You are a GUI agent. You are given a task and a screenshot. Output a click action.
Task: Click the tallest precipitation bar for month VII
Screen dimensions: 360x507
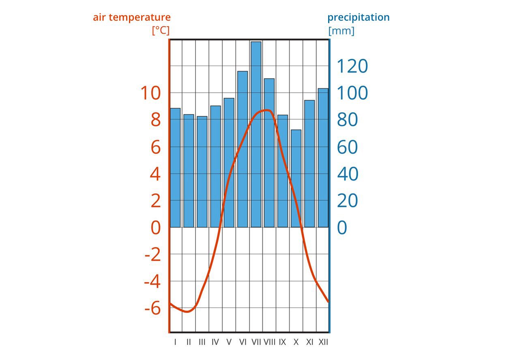[x=256, y=134]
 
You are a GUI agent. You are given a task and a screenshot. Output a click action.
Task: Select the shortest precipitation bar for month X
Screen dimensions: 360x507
[x=296, y=178]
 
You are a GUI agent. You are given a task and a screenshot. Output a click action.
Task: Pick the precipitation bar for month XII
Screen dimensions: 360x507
[x=323, y=158]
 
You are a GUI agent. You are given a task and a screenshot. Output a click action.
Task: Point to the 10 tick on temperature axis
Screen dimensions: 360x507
[x=150, y=93]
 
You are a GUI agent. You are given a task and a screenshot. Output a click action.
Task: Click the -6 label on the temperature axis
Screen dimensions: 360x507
[x=153, y=309]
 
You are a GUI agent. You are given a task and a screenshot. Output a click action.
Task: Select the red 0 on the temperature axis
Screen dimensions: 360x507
[x=156, y=227]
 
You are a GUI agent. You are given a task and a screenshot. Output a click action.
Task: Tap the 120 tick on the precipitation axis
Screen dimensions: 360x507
[x=352, y=66]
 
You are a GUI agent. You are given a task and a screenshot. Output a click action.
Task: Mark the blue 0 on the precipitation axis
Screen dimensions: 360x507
[x=342, y=227]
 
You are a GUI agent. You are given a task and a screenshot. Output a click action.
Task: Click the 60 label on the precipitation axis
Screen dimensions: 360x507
[x=347, y=147]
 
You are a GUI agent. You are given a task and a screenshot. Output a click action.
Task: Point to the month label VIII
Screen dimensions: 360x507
[x=269, y=342]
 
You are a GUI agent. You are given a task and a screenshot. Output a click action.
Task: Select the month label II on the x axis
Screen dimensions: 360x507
[x=189, y=342]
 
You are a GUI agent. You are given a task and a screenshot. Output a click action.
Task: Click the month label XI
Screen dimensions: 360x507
[x=309, y=342]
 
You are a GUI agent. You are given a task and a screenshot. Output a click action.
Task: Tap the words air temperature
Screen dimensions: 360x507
[x=132, y=17]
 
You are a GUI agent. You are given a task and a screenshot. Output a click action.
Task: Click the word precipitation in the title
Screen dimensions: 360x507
[x=358, y=17]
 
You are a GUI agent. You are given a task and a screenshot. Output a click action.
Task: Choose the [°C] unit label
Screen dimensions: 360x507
[x=161, y=30]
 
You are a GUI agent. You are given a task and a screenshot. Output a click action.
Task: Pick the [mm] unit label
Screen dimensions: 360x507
[x=341, y=31]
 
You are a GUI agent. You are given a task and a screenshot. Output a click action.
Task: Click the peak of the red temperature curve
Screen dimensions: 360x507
[x=266, y=110]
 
